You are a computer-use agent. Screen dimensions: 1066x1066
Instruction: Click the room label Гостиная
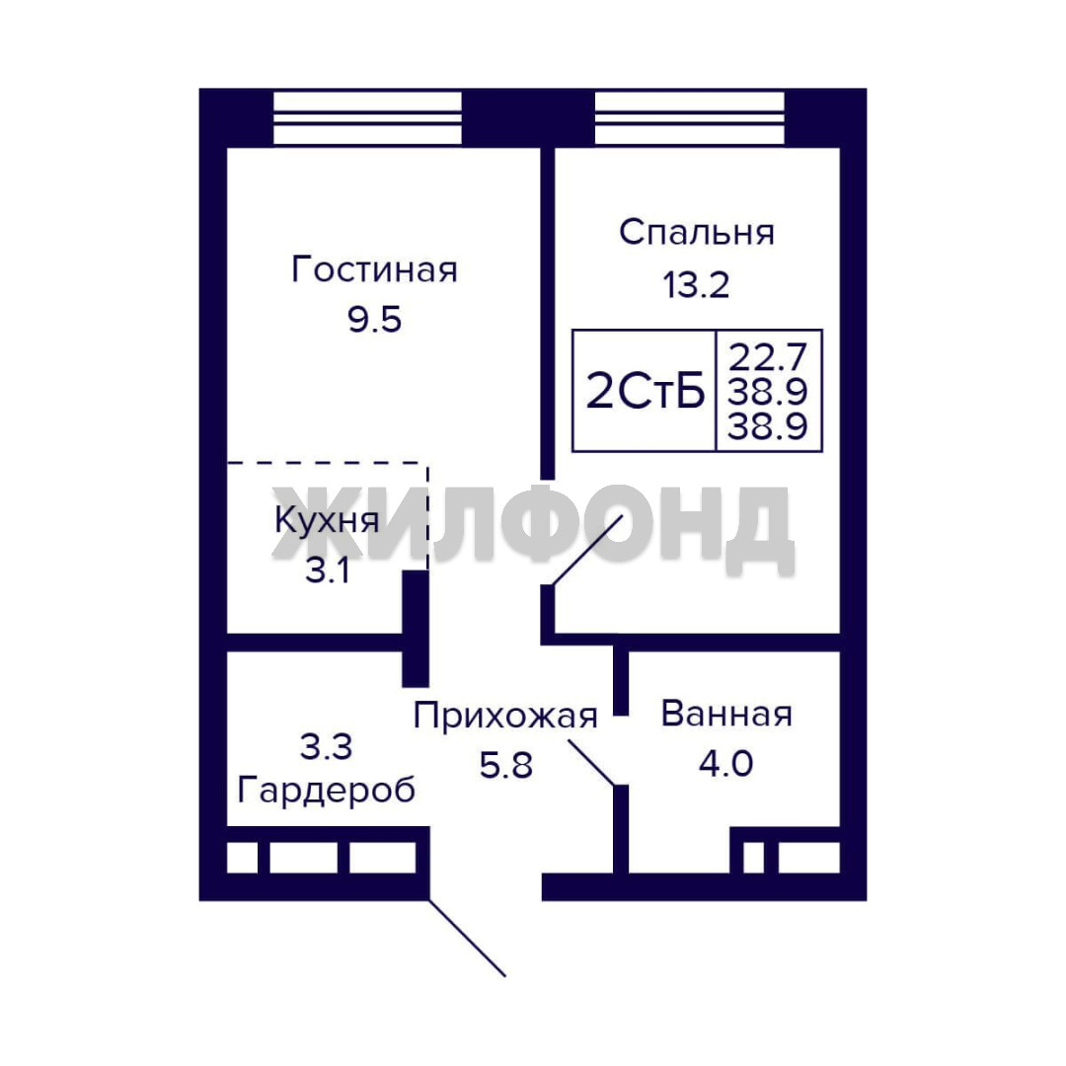[374, 269]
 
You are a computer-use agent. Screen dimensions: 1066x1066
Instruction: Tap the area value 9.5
[375, 319]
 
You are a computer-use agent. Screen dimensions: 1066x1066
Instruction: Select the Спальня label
[696, 232]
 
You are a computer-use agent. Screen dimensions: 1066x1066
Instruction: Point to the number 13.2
[696, 284]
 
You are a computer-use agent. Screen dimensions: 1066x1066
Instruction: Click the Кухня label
[327, 521]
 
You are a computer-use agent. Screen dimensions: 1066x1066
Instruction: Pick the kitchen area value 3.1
[328, 570]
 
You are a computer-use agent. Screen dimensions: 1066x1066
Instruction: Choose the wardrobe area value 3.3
[327, 746]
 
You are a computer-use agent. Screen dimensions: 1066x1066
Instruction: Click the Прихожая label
[505, 717]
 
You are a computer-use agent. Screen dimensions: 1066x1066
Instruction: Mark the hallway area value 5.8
[505, 766]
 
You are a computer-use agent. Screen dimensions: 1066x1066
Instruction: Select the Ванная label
[726, 714]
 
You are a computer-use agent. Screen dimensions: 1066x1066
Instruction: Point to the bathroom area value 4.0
[726, 763]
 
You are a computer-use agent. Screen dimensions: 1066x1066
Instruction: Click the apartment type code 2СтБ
[645, 391]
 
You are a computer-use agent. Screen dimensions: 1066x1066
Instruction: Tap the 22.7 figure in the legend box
[768, 355]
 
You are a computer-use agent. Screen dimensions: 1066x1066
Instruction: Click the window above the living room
[367, 118]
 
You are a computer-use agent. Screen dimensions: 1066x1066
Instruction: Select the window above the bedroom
[689, 118]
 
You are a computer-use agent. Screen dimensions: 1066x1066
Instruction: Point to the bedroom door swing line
[587, 550]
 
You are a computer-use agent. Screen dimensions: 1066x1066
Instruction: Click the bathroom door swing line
[592, 763]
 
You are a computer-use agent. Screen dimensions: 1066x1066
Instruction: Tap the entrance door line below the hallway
[467, 939]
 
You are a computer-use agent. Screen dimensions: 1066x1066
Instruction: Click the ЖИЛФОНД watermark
[533, 527]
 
